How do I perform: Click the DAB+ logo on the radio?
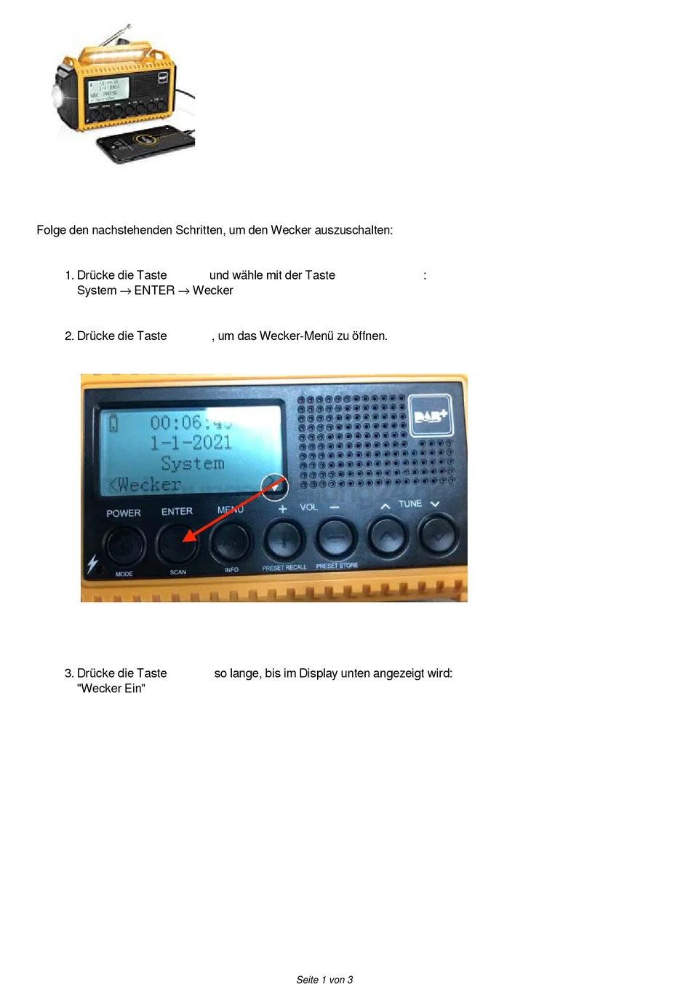tap(431, 416)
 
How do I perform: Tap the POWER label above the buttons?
tap(124, 513)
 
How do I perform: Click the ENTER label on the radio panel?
tap(177, 512)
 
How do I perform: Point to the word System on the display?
tap(193, 464)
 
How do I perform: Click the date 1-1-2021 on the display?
tap(191, 443)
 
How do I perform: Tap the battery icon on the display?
tap(113, 422)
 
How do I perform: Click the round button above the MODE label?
tap(124, 545)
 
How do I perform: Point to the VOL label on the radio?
tap(309, 507)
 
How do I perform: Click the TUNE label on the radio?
tap(410, 504)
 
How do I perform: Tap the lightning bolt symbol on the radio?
tap(92, 564)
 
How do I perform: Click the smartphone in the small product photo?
tap(145, 144)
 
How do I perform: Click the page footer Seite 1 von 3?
tap(324, 980)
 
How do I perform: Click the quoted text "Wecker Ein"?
tap(111, 689)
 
